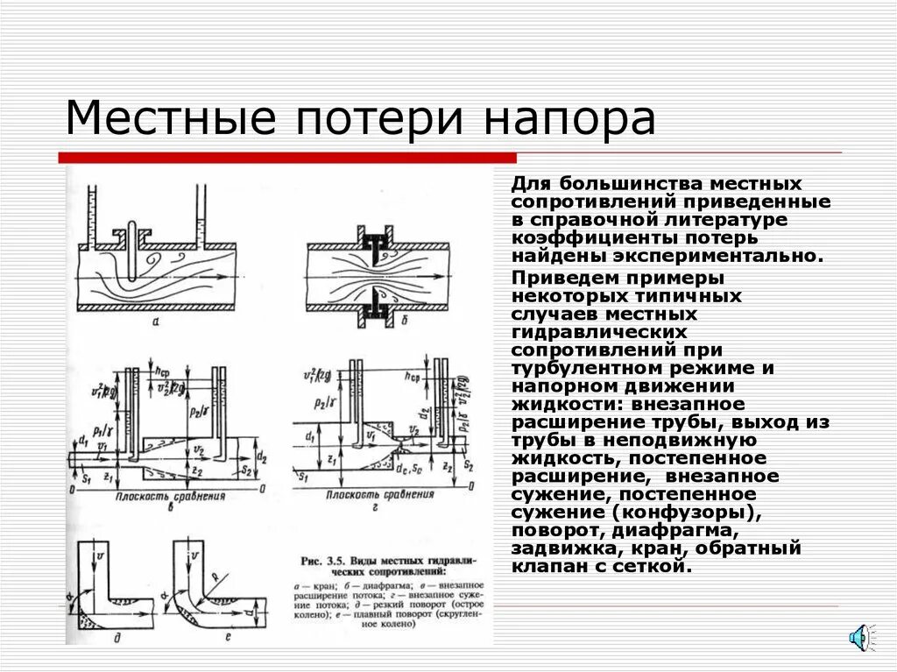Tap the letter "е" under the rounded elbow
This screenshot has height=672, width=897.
tap(227, 638)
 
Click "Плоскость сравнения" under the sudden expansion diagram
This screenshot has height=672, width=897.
tap(170, 496)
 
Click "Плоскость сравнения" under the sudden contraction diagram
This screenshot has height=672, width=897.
tap(379, 495)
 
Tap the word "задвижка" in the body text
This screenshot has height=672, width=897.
tap(558, 549)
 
